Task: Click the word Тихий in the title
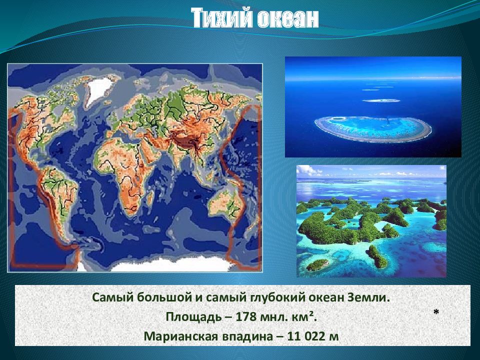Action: (x=222, y=18)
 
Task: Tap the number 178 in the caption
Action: (x=246, y=316)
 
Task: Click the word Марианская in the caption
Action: (x=180, y=336)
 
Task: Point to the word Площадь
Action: (x=193, y=317)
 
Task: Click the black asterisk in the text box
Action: (x=436, y=312)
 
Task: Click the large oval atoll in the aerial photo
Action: (x=373, y=128)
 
